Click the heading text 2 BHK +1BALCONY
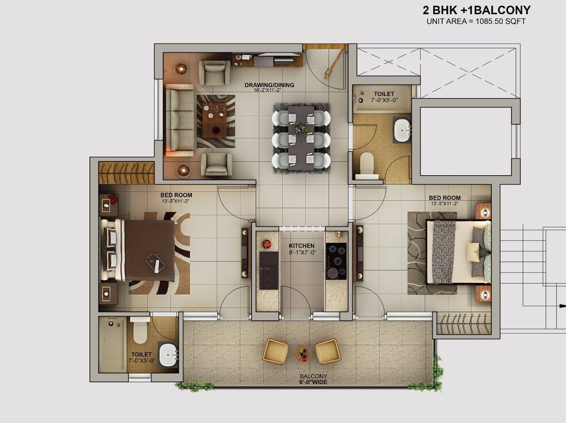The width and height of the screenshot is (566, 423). coord(477,10)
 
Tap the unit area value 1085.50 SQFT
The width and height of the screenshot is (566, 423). coord(501,21)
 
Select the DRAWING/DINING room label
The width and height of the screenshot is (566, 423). coord(269,85)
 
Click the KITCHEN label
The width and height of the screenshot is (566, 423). coord(302,246)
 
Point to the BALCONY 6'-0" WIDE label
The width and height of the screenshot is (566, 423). coord(314,379)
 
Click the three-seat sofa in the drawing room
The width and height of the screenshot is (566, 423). coord(180,120)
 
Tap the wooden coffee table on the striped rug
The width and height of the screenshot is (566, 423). coord(214,120)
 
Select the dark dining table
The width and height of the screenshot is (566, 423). coord(301,138)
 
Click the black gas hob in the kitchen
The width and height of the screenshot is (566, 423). coord(336,261)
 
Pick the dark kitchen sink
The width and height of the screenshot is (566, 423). coord(269,270)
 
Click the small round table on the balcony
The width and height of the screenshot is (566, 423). coord(303,354)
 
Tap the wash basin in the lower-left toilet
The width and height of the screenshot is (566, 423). coord(168,355)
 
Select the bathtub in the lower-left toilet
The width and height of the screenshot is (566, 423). coord(112,344)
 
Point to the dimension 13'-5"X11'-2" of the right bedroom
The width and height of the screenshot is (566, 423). coord(444,204)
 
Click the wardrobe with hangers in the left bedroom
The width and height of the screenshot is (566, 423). coord(126,173)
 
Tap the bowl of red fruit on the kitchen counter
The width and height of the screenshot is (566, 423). coord(267,244)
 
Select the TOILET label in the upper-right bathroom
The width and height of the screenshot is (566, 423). coord(384,94)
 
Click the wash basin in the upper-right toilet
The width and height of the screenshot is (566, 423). coord(402,130)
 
